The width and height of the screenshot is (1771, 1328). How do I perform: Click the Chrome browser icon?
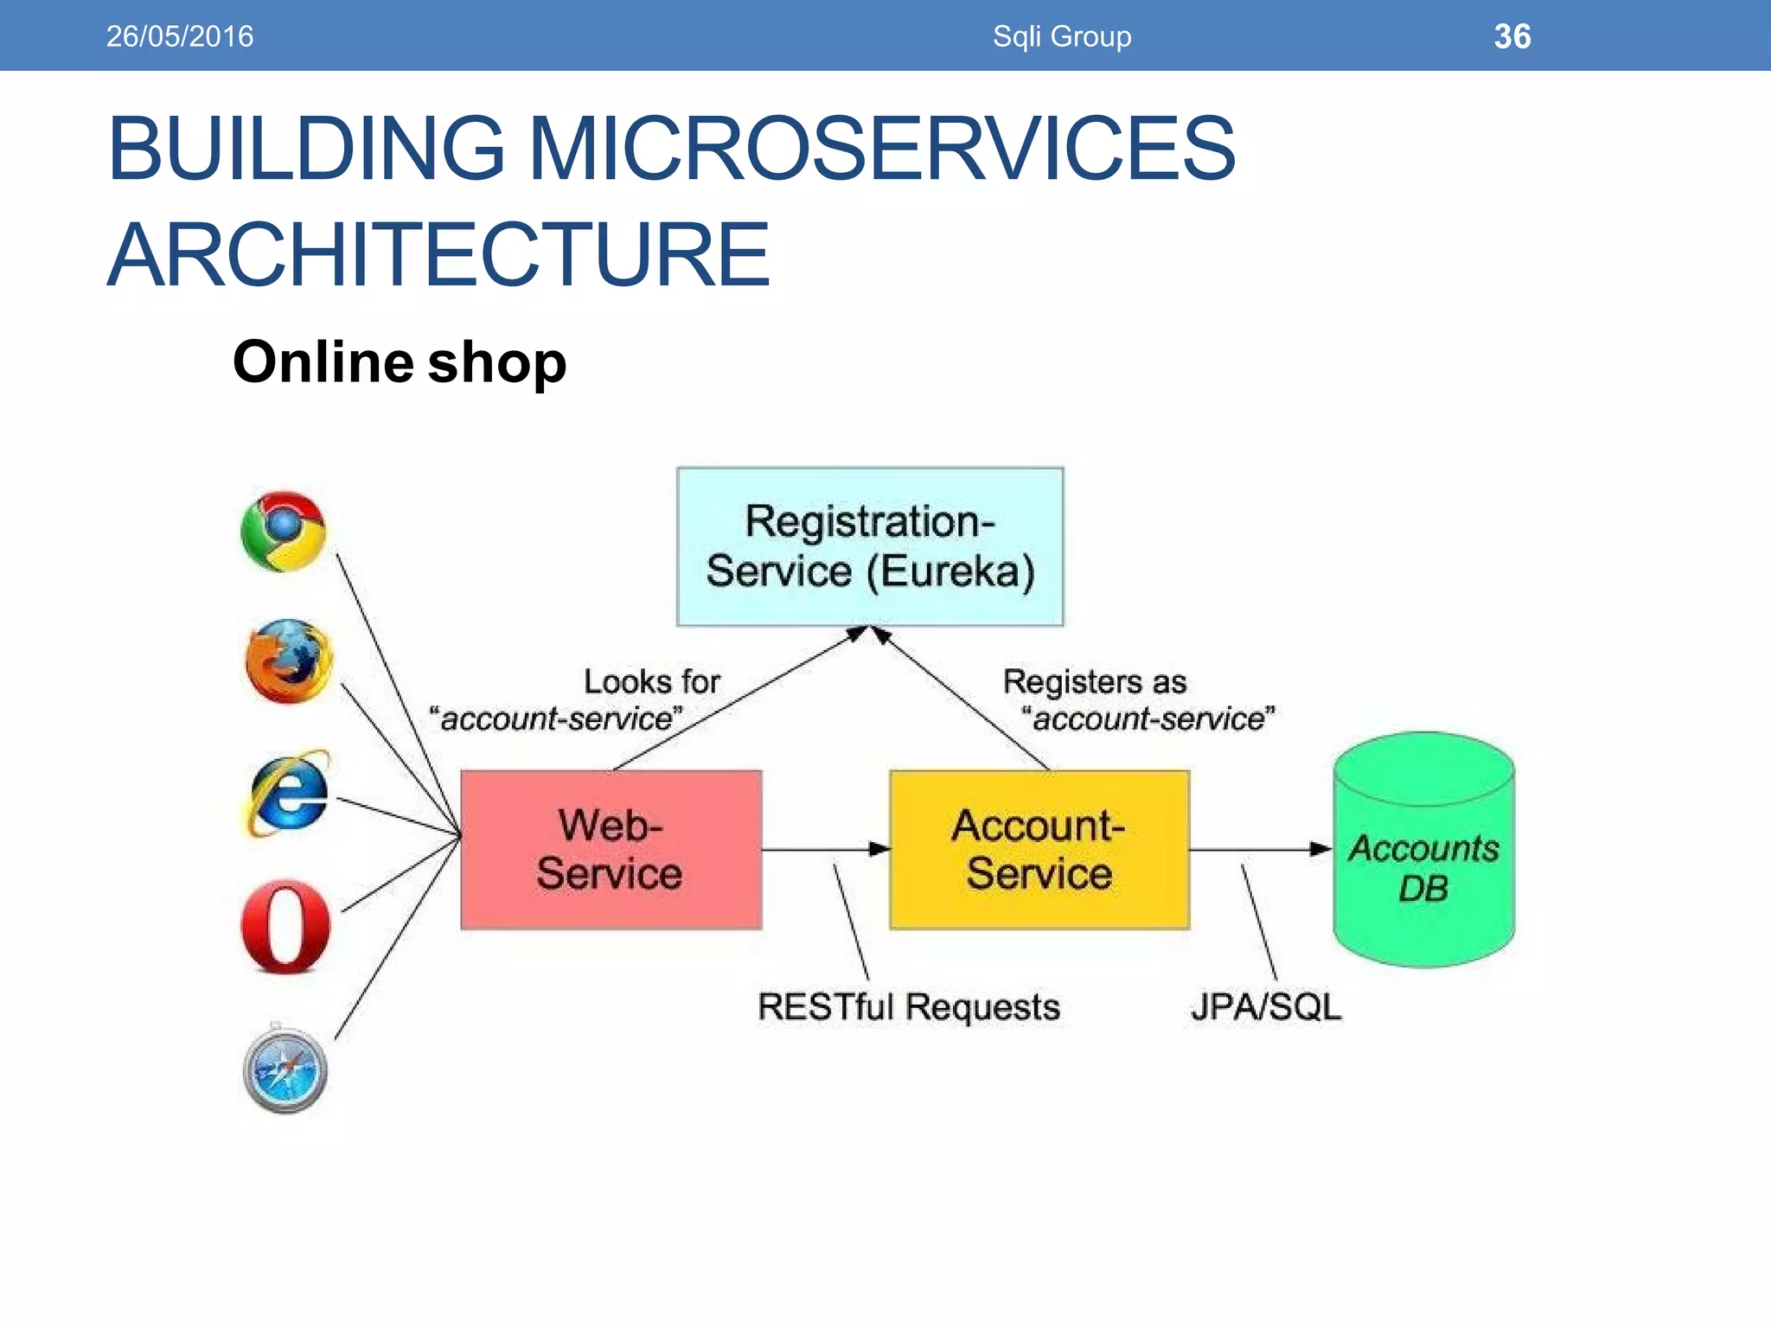[x=284, y=531]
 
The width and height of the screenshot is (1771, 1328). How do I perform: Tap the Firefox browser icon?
[x=288, y=661]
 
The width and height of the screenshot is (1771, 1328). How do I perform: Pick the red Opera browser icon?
[x=286, y=926]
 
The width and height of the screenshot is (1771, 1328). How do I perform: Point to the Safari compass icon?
[x=285, y=1070]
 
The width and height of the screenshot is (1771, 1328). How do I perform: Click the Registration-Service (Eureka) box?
[x=870, y=546]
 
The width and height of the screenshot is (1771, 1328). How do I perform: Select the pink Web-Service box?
[x=611, y=850]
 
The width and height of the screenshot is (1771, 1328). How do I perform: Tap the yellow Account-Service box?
[x=1039, y=850]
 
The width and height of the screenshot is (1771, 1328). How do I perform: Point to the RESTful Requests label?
[x=908, y=1007]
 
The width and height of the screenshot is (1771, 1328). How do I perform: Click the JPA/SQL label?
[x=1266, y=1007]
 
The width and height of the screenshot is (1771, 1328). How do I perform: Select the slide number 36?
[x=1512, y=36]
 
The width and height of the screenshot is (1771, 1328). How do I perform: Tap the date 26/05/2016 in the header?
[x=180, y=36]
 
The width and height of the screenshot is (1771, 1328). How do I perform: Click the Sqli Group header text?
[x=1062, y=36]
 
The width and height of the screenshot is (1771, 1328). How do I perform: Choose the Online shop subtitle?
[x=400, y=361]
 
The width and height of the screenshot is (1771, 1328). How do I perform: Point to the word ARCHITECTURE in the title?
[x=438, y=255]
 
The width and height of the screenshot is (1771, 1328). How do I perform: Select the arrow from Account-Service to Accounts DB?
[x=1259, y=849]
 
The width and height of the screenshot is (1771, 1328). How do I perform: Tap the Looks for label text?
[x=651, y=681]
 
